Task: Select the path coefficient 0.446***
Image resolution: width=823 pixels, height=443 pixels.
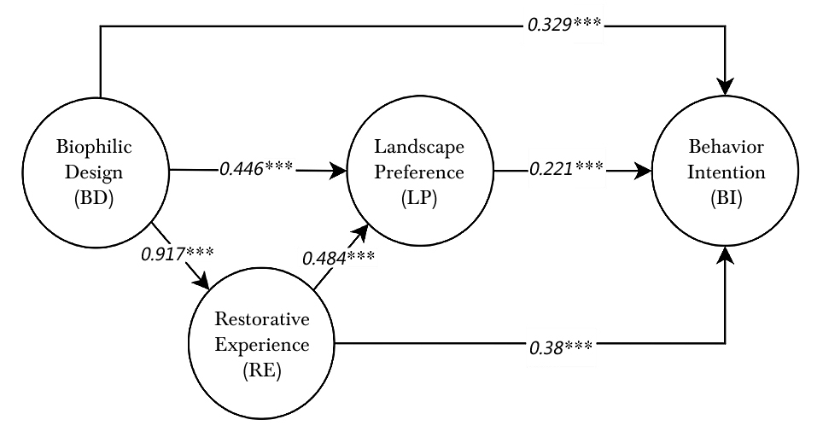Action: (258, 169)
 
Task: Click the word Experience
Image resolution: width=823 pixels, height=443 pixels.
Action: (263, 347)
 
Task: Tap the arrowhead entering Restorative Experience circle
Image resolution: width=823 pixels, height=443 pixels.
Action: (205, 283)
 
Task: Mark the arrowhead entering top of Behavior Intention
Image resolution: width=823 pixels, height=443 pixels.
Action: (726, 85)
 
